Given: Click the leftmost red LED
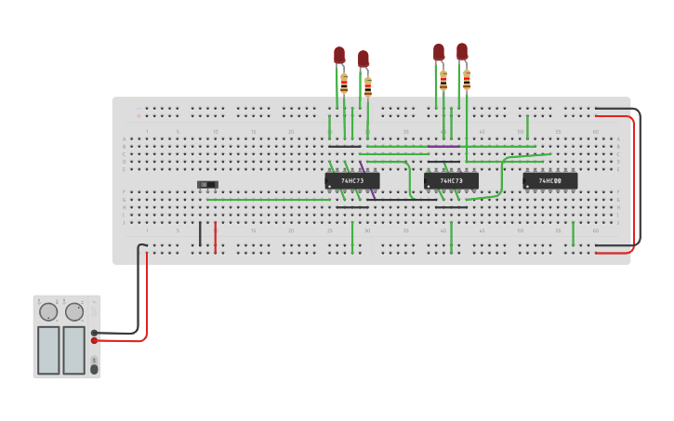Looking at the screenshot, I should [x=339, y=56].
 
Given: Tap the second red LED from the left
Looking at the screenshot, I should [x=363, y=59].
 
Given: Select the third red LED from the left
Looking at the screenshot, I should [x=439, y=53].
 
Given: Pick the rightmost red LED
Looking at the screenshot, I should [x=462, y=52].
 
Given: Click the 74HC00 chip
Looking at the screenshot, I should [x=550, y=180].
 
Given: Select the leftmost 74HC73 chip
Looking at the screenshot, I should [x=352, y=180].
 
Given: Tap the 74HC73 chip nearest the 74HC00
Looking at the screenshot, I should [x=451, y=180].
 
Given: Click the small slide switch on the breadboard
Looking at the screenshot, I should [x=207, y=185].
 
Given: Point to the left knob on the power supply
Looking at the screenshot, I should [x=48, y=311].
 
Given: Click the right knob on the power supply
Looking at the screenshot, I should [x=74, y=311].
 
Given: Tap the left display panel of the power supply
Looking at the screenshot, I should [x=48, y=349].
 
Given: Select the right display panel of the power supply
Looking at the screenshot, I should [x=74, y=349].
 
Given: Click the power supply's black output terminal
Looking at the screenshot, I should [x=95, y=333].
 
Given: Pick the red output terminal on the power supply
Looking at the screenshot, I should [x=95, y=340].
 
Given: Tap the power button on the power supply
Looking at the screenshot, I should [x=94, y=369].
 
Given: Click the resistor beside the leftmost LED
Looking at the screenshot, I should [x=344, y=84].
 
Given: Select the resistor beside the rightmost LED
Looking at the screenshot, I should [x=467, y=80].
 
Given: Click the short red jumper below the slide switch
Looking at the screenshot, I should [x=215, y=237].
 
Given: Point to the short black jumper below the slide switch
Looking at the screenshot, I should [x=200, y=234].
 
